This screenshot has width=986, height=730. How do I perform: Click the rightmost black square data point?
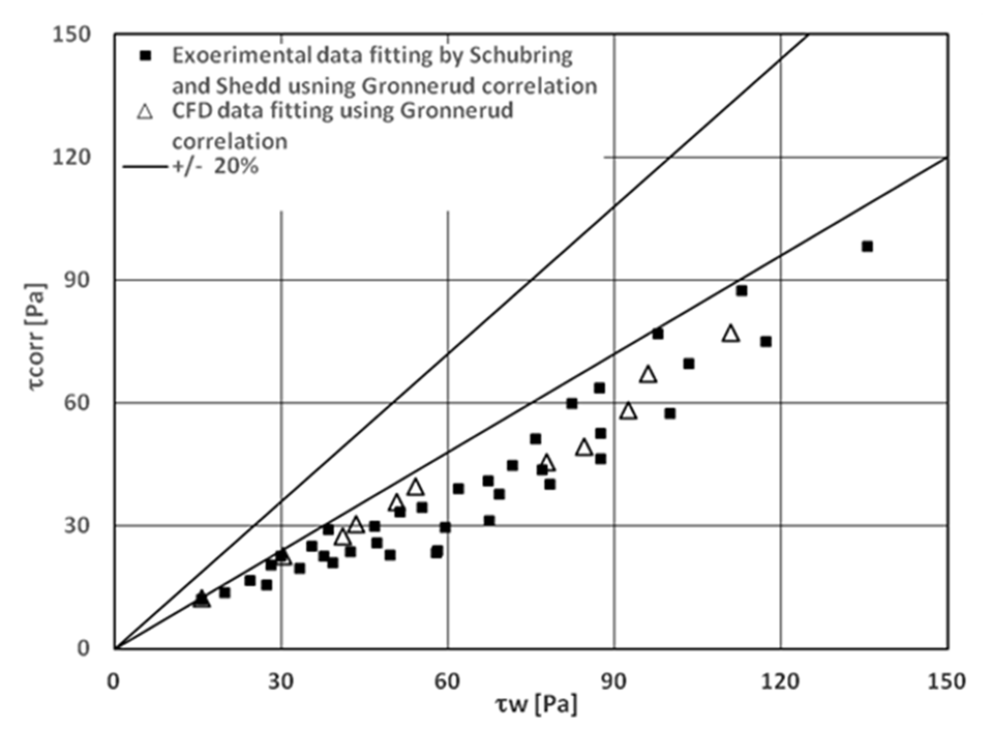coord(867,246)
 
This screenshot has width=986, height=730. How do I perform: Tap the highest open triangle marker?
coord(731,334)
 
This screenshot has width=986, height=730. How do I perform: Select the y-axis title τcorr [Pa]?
coord(36,336)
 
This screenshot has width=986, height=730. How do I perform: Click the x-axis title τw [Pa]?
coord(536,704)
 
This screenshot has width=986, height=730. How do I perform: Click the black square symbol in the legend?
coord(145,56)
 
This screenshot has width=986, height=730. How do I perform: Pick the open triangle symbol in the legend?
coord(145,112)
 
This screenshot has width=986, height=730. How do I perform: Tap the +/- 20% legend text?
coord(216,167)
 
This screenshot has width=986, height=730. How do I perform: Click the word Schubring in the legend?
coord(520,56)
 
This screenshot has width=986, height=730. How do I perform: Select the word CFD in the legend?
coord(191,111)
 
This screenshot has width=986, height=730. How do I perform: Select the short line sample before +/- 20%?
coord(146,167)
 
